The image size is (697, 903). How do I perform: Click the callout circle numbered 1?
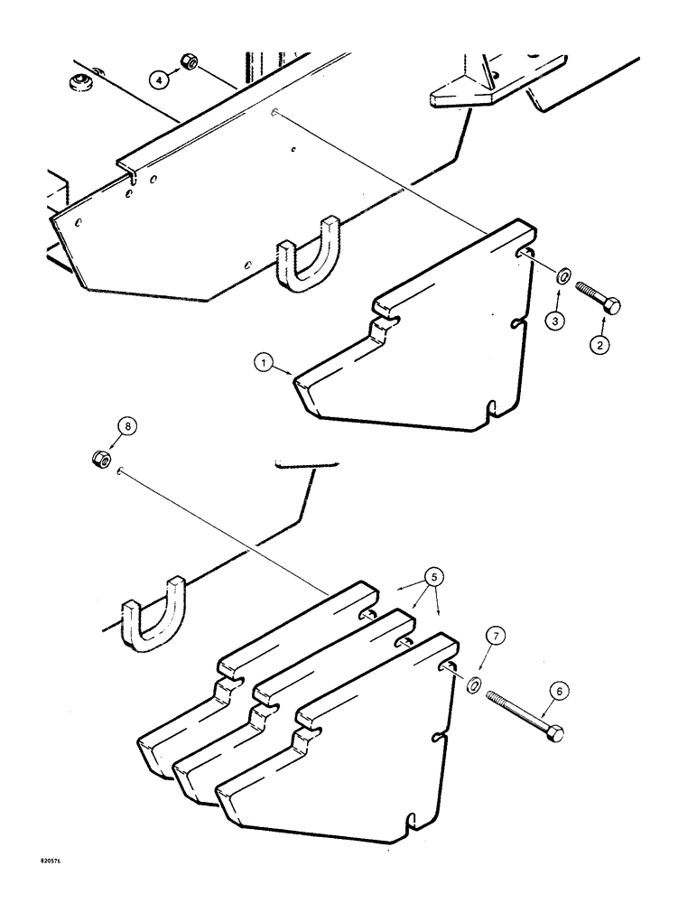coord(264,364)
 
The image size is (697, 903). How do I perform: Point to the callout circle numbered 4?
coord(160,80)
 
